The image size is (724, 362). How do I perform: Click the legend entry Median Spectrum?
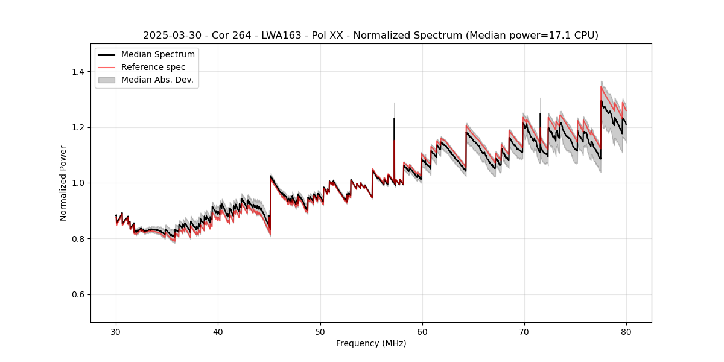click(158, 55)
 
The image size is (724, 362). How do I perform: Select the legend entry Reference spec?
click(153, 67)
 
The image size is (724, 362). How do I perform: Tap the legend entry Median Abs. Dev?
click(157, 80)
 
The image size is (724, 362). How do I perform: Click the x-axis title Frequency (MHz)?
click(371, 343)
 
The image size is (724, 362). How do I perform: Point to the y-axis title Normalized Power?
click(63, 183)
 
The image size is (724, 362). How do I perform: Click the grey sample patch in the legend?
click(107, 80)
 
